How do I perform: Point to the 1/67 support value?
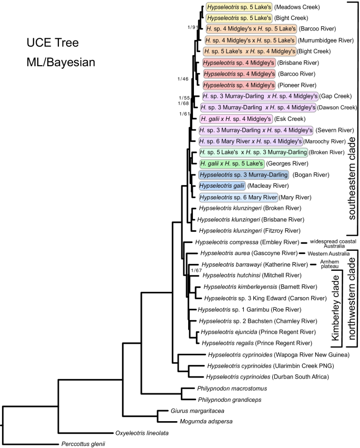point(196,270)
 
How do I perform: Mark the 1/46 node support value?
point(183,79)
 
